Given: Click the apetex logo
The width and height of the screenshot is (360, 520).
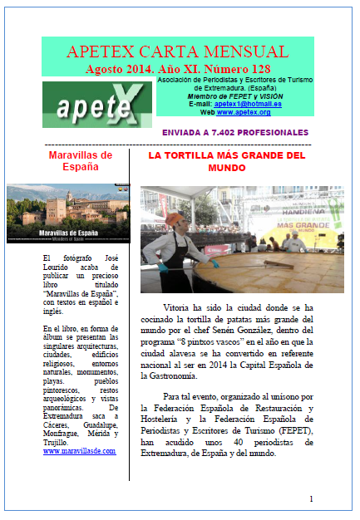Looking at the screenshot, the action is [x=86, y=104].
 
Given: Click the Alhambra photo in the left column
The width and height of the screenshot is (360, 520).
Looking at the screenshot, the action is [x=69, y=213].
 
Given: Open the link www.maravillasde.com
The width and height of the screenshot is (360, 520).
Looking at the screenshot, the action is [x=79, y=451].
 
